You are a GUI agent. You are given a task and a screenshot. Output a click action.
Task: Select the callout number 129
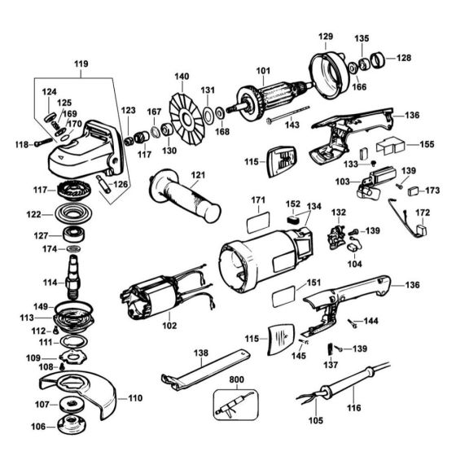[326, 37]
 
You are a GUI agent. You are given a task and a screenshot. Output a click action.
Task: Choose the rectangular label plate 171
[258, 219]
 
